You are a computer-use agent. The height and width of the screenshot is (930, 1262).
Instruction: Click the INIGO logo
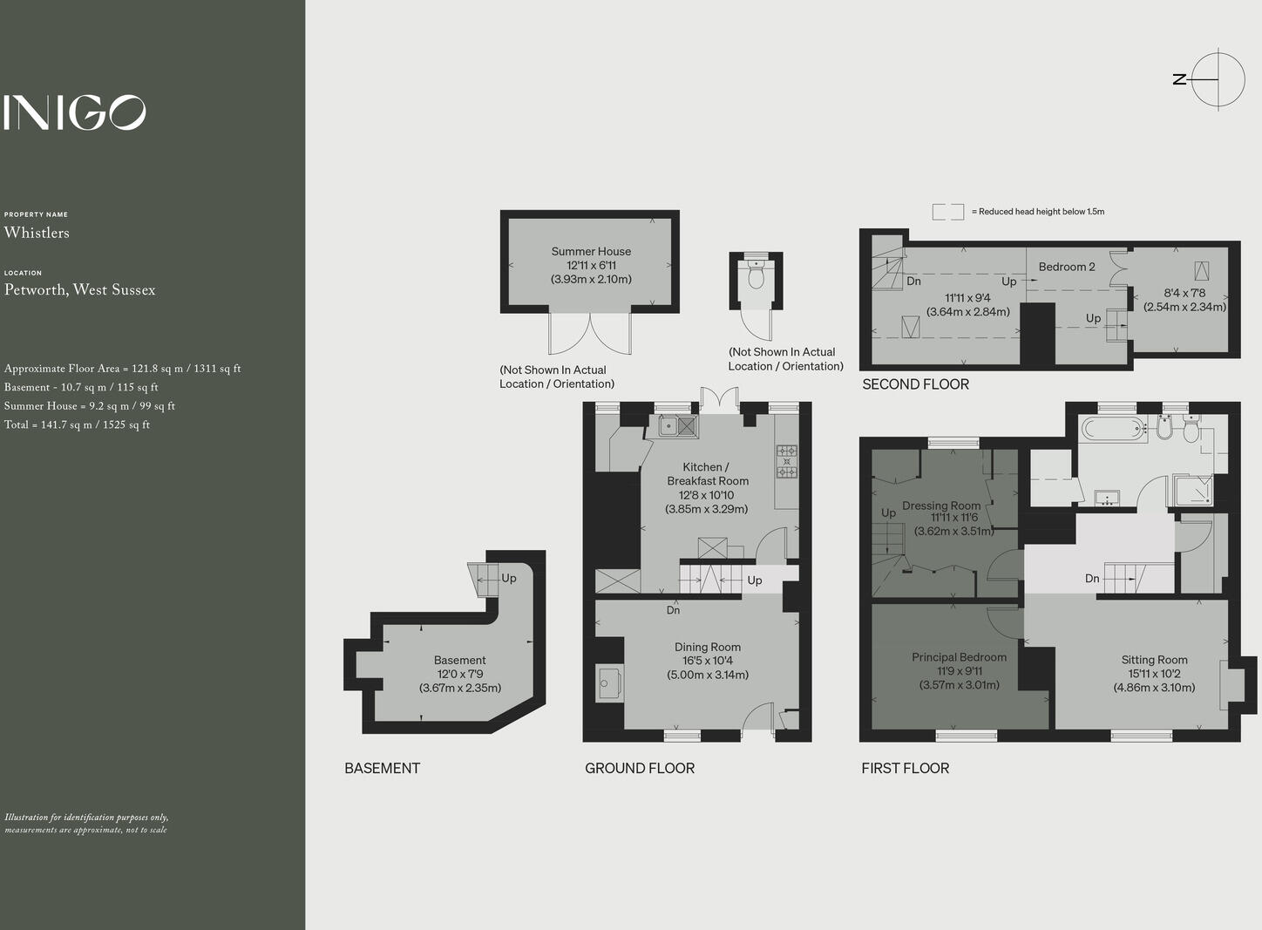(74, 112)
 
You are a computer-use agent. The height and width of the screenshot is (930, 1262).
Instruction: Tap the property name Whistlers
(37, 233)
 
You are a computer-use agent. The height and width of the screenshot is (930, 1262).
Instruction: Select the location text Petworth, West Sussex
(79, 290)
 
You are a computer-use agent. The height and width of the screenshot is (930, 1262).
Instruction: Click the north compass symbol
(1217, 79)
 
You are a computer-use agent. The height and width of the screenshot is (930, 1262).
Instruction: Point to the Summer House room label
(591, 252)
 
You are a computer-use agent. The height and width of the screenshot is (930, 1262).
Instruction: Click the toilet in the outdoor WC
(756, 276)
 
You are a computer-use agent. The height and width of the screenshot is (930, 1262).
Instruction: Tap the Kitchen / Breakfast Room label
(707, 473)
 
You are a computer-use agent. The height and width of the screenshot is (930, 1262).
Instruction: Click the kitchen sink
(678, 426)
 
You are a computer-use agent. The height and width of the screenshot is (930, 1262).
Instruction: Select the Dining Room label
(707, 647)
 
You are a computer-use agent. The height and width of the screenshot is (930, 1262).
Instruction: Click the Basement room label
(459, 660)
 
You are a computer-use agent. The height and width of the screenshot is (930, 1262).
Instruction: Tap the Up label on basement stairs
(509, 578)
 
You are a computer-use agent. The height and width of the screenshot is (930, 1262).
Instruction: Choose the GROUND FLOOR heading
(639, 768)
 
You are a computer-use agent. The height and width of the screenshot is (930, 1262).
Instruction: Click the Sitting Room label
(1154, 660)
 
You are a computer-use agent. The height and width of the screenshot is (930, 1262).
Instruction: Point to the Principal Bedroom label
(959, 657)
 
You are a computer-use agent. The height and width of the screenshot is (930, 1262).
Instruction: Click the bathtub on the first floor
(1111, 429)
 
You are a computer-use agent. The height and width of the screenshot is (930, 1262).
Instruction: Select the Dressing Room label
(940, 506)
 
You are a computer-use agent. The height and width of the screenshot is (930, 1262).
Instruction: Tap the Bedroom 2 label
(1066, 267)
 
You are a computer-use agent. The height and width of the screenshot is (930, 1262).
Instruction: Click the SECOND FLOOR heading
(915, 384)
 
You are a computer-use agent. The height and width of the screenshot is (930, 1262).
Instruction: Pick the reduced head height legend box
(947, 212)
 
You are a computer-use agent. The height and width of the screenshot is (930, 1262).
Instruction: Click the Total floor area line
(77, 425)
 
